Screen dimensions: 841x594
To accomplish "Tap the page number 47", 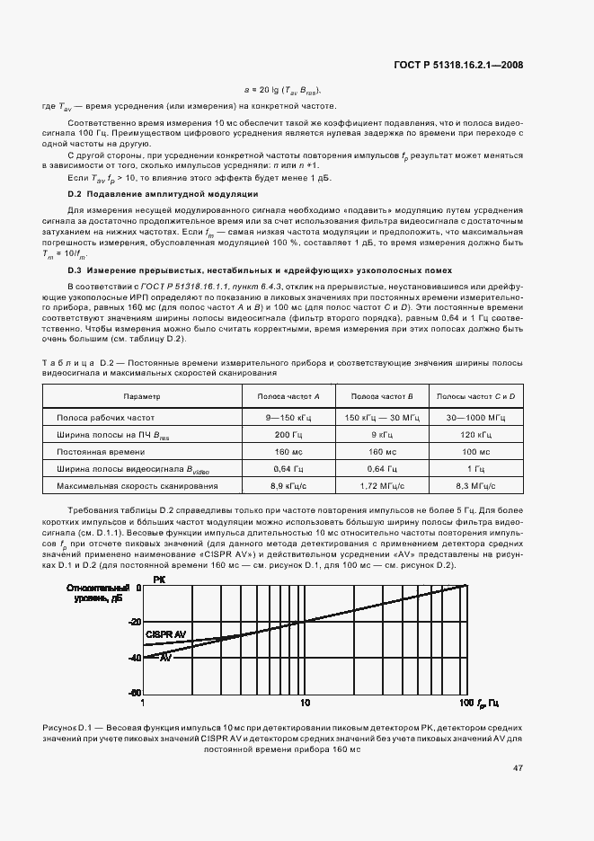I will (519, 768).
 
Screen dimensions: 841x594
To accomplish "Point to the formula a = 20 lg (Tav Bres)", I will (283, 91).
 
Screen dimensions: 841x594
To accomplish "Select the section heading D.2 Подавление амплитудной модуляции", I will (164, 194).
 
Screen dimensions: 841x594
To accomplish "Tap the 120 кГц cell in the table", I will (476, 435).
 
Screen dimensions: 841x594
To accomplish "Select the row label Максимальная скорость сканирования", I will (137, 486).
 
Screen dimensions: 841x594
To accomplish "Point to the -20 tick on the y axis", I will (135, 622).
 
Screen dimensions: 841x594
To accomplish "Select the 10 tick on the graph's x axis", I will (305, 701).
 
